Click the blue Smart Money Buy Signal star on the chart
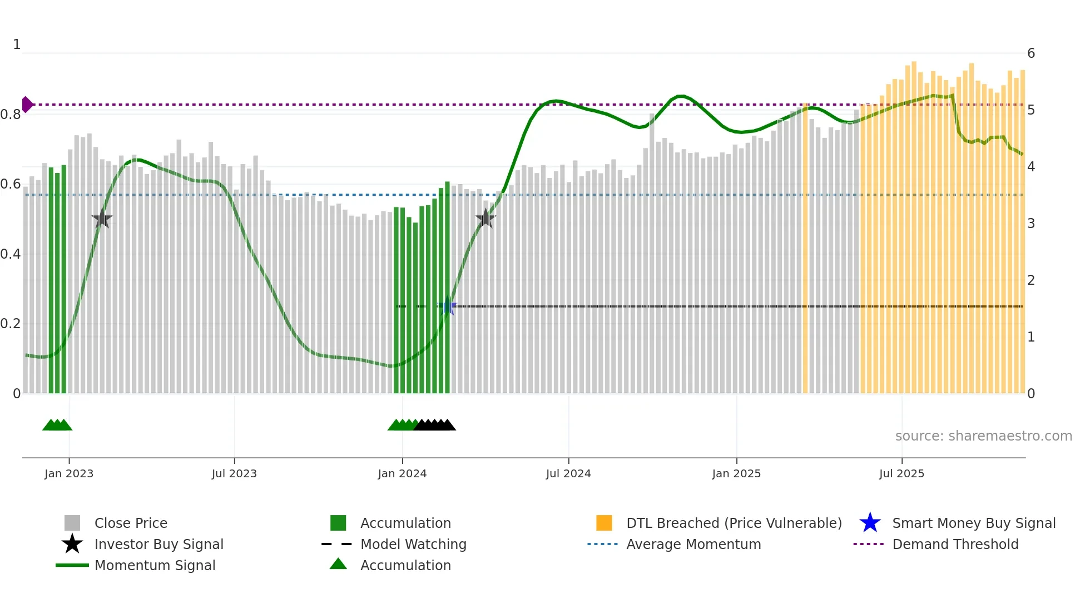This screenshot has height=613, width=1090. point(447,306)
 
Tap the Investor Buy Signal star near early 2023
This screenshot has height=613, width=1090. point(102,219)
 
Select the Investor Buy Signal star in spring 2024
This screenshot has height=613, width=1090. point(485,219)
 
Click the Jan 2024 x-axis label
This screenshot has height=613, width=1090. point(402,473)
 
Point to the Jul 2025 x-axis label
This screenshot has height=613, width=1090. point(901,473)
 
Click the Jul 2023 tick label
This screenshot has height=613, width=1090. point(234,473)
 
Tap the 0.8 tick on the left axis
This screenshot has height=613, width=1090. point(11,115)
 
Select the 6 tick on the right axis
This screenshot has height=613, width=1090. point(1031,53)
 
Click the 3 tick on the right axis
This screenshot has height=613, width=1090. point(1031,224)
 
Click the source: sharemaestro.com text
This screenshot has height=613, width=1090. point(983,436)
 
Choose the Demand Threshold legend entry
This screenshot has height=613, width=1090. point(955,544)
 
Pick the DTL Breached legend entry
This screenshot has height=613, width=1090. point(734,523)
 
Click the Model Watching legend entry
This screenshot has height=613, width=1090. point(413,544)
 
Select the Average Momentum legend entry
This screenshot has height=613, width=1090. point(693,544)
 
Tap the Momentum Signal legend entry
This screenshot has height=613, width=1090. point(155,565)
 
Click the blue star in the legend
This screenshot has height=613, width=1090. point(870,523)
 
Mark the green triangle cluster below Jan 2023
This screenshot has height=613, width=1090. point(57,425)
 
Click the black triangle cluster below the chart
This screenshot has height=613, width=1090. point(435,425)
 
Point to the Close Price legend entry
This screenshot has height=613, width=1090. point(130,523)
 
